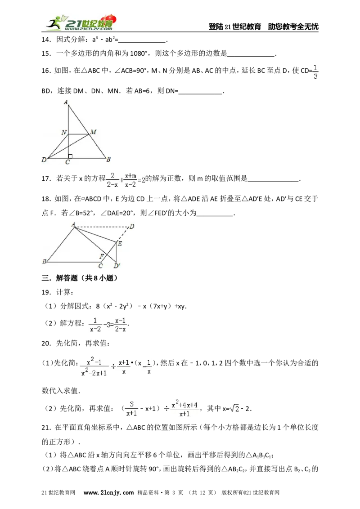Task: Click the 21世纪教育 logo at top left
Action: (x=81, y=22)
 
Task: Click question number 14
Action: (x=46, y=40)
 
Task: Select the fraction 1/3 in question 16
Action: (x=315, y=72)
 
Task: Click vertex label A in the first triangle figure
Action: (x=66, y=102)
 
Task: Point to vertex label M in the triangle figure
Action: (x=93, y=132)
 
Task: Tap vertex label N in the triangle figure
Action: (x=64, y=132)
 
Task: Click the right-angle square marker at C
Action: (x=70, y=156)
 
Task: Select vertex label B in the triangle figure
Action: (x=108, y=159)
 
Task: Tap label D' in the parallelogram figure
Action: (x=117, y=266)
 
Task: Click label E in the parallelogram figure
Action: (x=120, y=243)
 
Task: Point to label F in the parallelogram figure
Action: (x=102, y=256)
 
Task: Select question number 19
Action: (x=46, y=292)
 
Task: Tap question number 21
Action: (x=46, y=428)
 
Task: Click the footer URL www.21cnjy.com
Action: (x=108, y=493)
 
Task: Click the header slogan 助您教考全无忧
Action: (x=293, y=27)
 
